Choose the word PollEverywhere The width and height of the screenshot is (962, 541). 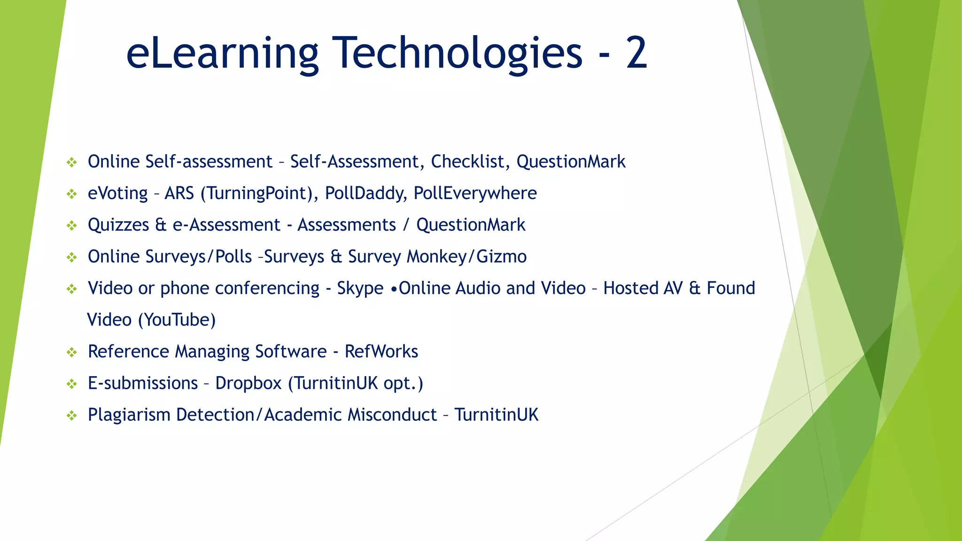pos(475,193)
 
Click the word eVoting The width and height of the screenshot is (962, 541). pos(117,193)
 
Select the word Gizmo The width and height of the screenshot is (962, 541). pos(502,257)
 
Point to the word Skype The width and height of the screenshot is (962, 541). pos(360,288)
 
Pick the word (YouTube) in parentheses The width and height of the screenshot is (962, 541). pos(177,320)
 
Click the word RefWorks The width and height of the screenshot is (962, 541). pos(381,351)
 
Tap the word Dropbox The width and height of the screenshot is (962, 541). pos(248,383)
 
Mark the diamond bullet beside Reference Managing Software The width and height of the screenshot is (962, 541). pos(71,352)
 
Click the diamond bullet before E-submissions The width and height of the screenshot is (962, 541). pos(71,384)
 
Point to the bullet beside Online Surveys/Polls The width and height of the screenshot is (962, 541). pos(71,257)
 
